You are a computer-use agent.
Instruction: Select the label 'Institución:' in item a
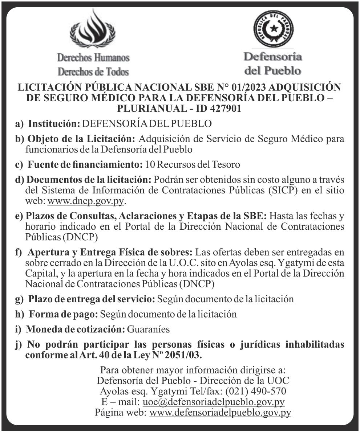pos(54,123)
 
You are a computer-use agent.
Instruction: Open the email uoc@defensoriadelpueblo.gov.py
pos(213,402)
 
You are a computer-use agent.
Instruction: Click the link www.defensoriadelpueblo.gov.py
pos(220,413)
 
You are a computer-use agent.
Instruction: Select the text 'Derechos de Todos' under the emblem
pos(93,71)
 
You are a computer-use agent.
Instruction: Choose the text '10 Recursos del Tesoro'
pos(193,164)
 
